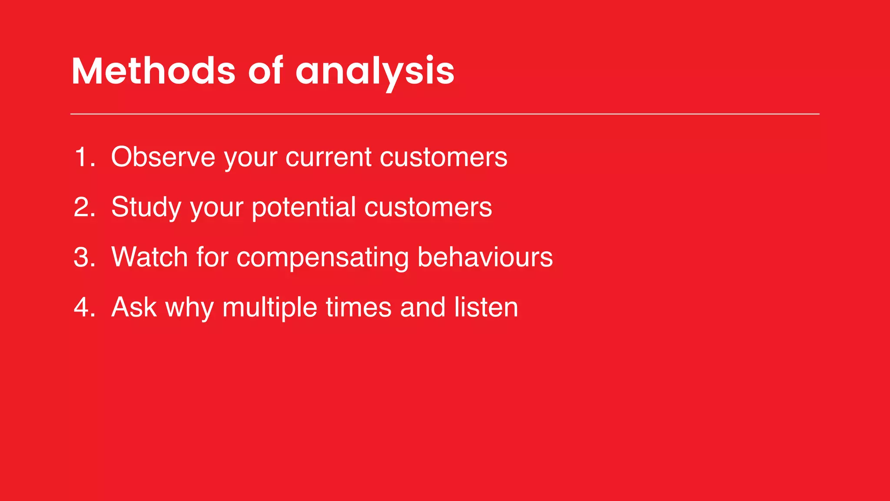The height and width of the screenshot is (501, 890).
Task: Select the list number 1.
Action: click(x=84, y=157)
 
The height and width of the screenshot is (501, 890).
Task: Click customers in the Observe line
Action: click(x=443, y=157)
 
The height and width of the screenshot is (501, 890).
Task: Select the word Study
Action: click(x=146, y=208)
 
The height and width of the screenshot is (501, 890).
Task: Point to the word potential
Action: click(x=304, y=208)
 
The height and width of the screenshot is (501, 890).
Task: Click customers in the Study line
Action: click(x=428, y=207)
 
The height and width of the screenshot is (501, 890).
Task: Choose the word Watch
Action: click(x=149, y=257)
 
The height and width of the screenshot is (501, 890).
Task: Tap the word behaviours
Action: click(x=485, y=257)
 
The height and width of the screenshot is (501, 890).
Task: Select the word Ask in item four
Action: click(x=134, y=307)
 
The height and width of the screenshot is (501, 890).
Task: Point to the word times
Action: click(x=359, y=307)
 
